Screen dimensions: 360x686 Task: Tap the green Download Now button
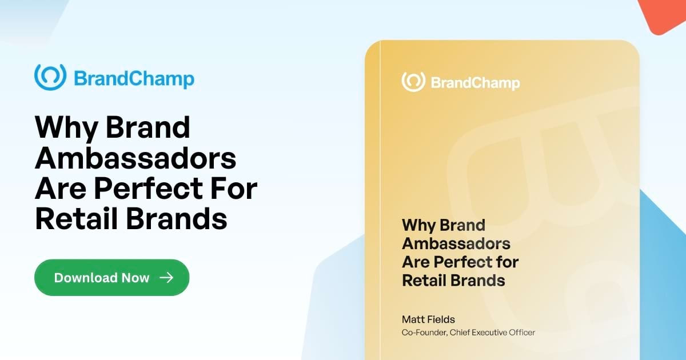tap(111, 278)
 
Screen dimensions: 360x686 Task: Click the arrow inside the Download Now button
tap(166, 278)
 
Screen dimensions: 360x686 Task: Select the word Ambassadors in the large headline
tap(135, 159)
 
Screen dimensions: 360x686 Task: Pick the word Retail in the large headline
tap(72, 219)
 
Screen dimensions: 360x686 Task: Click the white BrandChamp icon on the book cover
tap(412, 82)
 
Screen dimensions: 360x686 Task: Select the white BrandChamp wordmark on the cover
tap(475, 83)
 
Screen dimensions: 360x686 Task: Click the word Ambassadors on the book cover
tap(456, 243)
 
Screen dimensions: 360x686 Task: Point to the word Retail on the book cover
tap(424, 281)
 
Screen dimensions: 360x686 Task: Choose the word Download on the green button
tap(86, 278)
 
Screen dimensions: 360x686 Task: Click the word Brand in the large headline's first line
tap(147, 128)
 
